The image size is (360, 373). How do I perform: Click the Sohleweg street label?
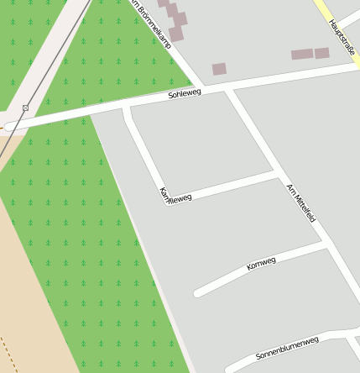pos(185,94)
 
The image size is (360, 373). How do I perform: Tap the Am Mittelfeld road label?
pos(300,202)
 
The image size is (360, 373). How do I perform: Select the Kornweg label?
pos(261,265)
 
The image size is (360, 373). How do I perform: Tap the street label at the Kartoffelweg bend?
pos(175,196)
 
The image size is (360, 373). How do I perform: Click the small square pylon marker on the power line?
pos(25,108)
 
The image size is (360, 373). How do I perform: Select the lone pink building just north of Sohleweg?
pos(219,69)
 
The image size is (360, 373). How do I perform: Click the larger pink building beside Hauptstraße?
pos(302,55)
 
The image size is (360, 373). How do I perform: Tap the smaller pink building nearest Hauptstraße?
pos(322,53)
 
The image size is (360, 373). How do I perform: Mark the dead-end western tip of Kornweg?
pos(199,293)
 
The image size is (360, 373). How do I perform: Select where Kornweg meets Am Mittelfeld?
pos(324,244)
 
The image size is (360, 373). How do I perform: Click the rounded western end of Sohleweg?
pos(10,127)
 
